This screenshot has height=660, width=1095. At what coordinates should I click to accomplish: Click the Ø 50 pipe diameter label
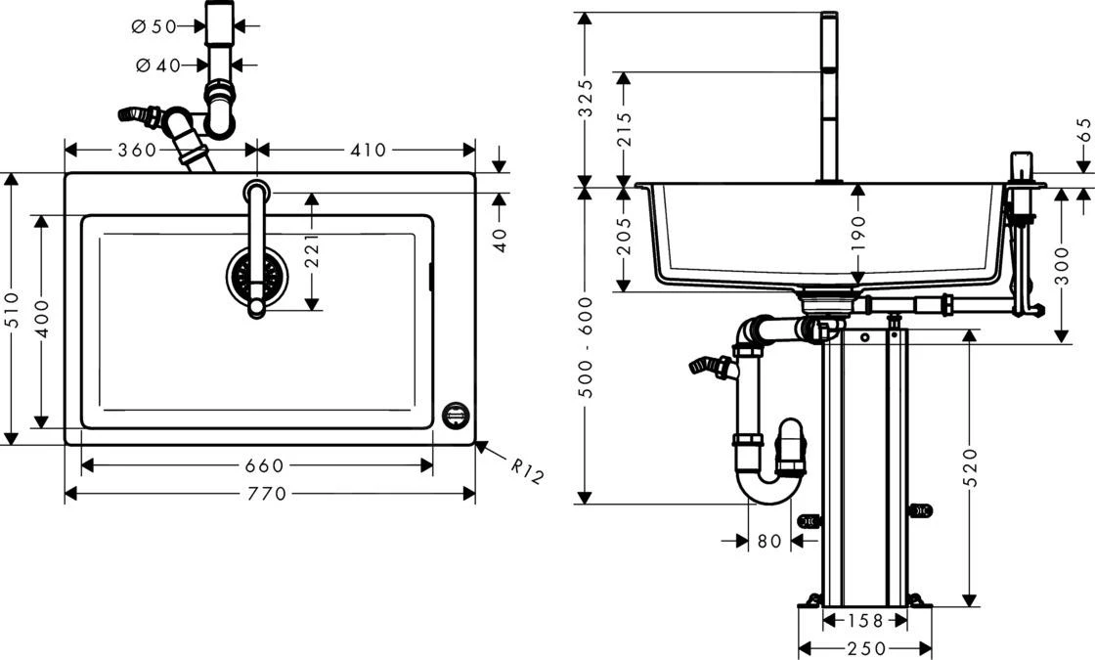[153, 26]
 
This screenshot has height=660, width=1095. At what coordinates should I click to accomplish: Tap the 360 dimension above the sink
[137, 150]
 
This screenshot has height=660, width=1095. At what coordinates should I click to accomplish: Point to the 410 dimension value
[368, 150]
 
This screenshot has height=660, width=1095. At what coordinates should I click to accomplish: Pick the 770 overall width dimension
[268, 494]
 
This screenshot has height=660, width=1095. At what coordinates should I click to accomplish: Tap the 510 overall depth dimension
[12, 310]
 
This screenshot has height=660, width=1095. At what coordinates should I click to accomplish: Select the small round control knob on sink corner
[457, 416]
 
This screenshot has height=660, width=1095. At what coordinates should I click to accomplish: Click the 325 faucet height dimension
[585, 99]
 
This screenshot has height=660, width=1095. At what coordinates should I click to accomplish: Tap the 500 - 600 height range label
[585, 347]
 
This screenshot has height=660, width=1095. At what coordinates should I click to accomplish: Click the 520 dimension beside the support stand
[970, 469]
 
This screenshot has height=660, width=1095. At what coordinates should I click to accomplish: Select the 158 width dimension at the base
[864, 620]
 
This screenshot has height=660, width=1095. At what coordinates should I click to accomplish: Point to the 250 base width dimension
[865, 648]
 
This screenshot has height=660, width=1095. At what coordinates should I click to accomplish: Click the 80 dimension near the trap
[769, 540]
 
